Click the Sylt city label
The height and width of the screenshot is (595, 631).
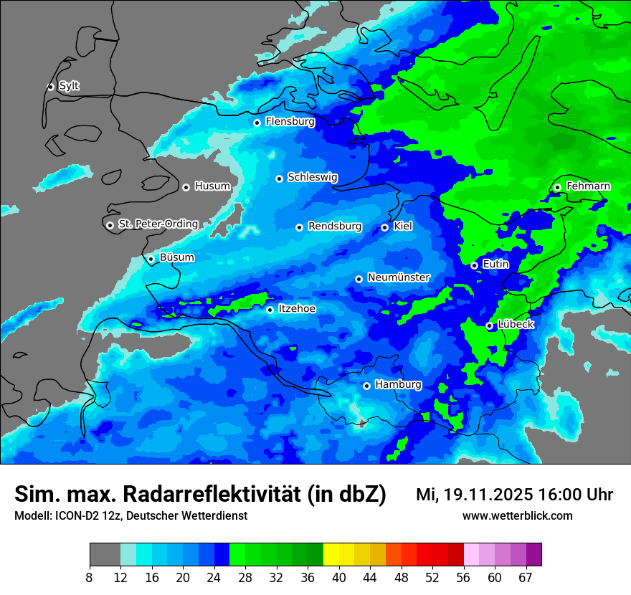69,86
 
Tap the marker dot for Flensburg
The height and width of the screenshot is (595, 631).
257,123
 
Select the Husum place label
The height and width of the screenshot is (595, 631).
212,186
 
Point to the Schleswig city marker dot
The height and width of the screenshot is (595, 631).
280,178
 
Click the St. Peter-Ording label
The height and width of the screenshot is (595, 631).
158,224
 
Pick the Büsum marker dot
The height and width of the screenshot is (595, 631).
151,259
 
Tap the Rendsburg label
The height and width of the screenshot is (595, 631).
335,227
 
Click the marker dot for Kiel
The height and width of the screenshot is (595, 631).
385,227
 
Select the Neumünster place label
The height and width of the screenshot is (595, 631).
399,277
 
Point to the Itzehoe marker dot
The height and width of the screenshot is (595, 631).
270,310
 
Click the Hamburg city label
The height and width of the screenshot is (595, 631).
398,385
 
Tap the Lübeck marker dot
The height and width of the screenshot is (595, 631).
490,325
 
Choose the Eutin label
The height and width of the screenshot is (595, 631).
495,265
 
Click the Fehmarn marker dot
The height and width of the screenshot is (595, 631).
558,187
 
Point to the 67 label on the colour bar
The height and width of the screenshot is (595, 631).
526,577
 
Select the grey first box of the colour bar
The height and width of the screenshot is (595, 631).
105,555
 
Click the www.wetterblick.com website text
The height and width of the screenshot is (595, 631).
517,516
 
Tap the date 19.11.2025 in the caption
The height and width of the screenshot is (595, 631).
488,495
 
